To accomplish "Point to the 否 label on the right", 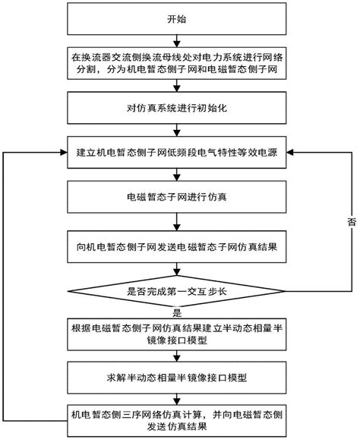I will tap(350, 222).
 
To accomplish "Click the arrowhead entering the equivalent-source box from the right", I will tap(292, 152).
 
